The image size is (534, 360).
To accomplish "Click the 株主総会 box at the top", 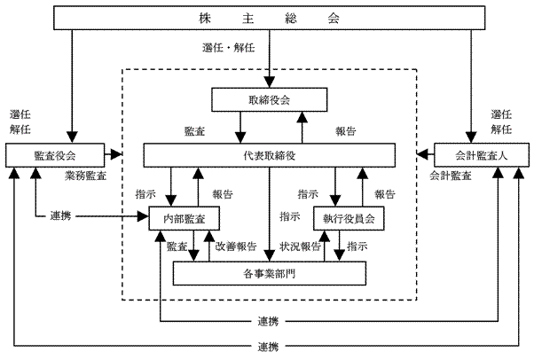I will (267, 18).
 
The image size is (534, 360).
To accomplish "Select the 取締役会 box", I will (270, 99).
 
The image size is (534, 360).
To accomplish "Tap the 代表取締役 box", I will (270, 154).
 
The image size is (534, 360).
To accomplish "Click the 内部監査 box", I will (183, 217).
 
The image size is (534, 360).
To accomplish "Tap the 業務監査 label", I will (86, 176).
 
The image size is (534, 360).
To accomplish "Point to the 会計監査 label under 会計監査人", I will (451, 176).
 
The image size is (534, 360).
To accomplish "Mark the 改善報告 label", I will (236, 246).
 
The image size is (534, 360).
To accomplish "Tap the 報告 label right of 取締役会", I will (346, 131).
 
